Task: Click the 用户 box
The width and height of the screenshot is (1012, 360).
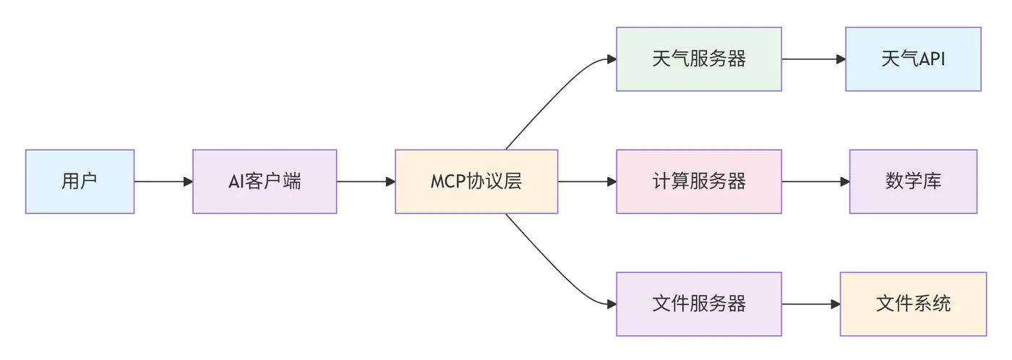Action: coord(80,181)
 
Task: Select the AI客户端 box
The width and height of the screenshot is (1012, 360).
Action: coord(265,181)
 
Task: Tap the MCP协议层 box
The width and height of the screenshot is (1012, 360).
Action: coord(476,181)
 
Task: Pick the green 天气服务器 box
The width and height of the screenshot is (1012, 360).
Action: coord(698,59)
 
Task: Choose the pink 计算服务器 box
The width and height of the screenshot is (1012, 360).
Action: coord(698,181)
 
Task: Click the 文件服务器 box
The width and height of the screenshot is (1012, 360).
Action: coord(698,304)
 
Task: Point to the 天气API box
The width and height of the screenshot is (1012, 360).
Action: coord(913,59)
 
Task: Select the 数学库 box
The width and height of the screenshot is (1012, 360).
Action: coord(913,181)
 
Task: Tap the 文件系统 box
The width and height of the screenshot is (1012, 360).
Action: coord(913,304)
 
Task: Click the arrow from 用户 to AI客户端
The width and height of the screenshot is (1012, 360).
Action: coord(163,181)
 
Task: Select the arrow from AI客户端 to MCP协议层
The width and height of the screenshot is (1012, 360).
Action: coord(366,181)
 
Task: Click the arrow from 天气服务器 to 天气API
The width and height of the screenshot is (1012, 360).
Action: coord(813,59)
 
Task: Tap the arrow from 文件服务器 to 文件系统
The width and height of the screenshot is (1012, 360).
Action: coord(810,304)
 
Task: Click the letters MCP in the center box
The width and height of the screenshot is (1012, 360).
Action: coord(447,181)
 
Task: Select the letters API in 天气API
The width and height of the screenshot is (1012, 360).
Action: coord(930,59)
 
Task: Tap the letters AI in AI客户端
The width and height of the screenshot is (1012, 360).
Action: coord(236,181)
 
